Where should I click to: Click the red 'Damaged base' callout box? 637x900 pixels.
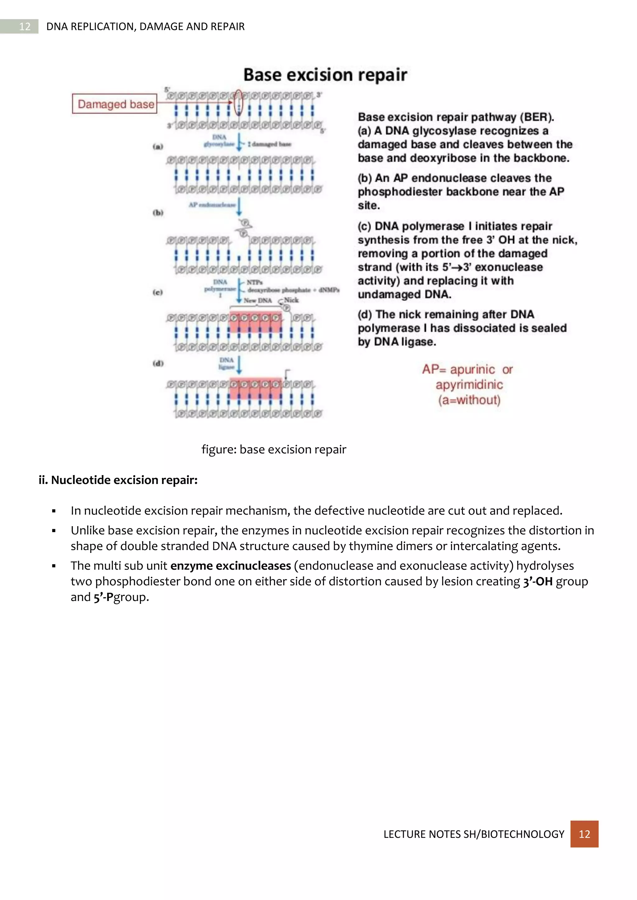114,104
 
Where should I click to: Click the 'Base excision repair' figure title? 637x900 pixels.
325,75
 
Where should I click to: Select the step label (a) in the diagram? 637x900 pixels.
158,147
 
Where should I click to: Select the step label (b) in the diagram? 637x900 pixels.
158,213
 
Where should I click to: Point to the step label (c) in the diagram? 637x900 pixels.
158,292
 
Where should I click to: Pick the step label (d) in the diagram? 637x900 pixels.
158,363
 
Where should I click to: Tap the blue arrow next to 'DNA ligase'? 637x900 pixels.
239,364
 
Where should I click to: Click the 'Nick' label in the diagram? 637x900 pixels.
291,300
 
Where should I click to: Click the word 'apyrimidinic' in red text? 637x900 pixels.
469,384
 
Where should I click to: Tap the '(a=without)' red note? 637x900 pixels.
469,400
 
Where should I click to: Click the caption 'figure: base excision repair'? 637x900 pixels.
274,449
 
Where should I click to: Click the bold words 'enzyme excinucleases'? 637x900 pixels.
231,566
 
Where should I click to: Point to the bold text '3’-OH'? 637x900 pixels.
538,581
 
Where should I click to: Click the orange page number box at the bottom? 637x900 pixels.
584,834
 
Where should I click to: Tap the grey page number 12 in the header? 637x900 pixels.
24,26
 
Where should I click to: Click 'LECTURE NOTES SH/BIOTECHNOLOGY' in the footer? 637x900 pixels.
474,834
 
